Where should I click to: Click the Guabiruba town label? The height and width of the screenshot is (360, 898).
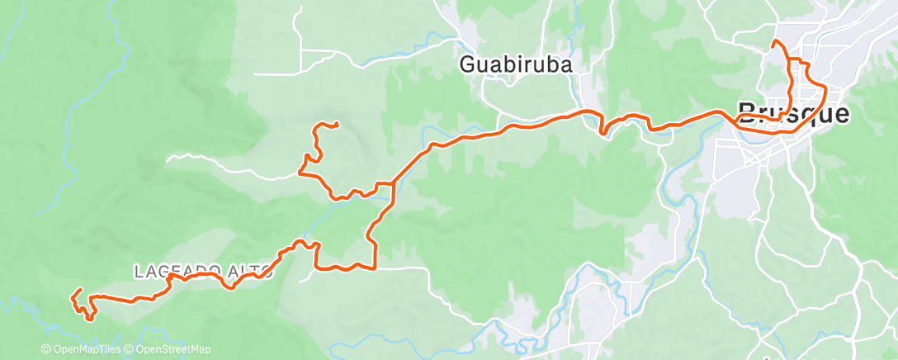516,64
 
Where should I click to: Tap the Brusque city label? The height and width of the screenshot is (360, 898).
792,112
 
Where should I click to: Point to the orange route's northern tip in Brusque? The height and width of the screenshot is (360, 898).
773,42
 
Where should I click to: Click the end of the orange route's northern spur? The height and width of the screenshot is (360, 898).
337,124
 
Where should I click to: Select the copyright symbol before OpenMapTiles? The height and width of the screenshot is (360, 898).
46,350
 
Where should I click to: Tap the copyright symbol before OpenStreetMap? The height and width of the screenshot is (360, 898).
130,350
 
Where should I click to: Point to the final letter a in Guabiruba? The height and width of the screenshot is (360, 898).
565,64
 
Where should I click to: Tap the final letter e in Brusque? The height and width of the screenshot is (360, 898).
841,112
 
